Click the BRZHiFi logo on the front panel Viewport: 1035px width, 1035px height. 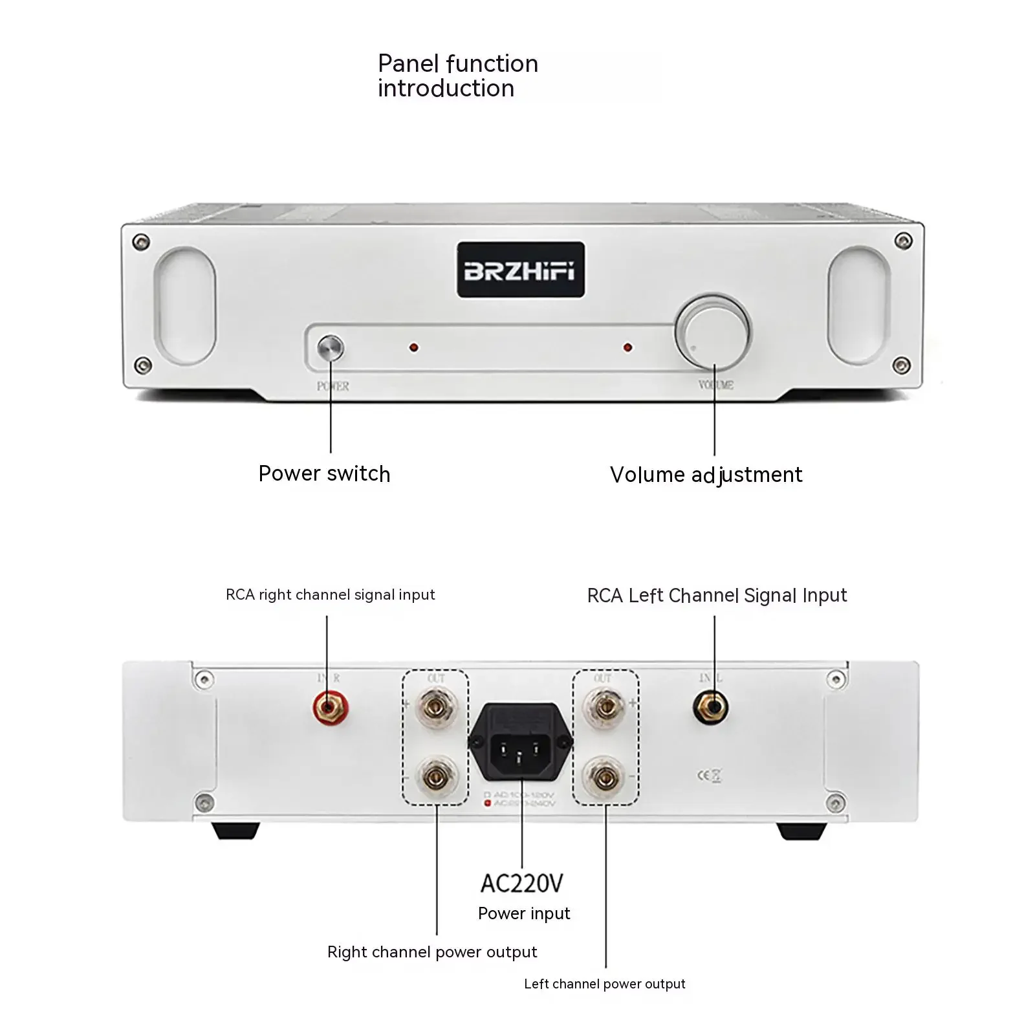520,270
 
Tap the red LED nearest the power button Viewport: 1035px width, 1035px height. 413,348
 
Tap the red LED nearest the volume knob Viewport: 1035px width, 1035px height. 627,348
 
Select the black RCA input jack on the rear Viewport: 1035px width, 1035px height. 711,708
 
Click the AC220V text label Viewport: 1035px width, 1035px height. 521,884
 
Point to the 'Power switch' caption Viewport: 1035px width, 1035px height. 324,474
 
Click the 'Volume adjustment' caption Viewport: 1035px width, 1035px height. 706,475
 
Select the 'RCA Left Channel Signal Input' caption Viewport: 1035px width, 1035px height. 717,596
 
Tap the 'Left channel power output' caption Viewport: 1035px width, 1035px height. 604,985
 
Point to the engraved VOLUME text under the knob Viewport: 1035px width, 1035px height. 715,385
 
